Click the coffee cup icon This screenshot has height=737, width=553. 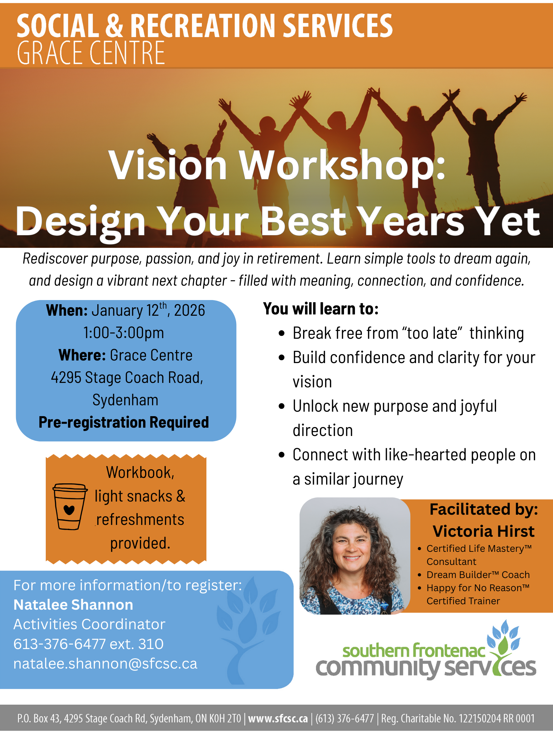[70, 506]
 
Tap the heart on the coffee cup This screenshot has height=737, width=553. [69, 510]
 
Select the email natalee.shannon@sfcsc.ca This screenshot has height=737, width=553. [105, 664]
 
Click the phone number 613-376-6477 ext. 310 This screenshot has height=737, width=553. [88, 644]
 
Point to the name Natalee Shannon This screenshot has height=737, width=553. [73, 605]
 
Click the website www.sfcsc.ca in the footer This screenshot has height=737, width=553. [278, 718]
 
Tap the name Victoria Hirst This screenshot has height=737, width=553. [484, 531]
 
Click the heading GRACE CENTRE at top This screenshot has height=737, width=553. [91, 53]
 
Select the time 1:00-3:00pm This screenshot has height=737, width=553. [124, 333]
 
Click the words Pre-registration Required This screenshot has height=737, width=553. [124, 422]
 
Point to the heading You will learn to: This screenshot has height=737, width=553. [321, 309]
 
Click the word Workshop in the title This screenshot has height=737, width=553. [343, 166]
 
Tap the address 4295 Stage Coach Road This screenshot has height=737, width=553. [127, 378]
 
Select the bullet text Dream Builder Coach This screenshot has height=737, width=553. [478, 575]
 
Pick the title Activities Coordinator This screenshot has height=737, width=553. [89, 624]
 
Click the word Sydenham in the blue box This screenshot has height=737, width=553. [125, 400]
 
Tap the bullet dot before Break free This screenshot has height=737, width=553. [282, 333]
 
